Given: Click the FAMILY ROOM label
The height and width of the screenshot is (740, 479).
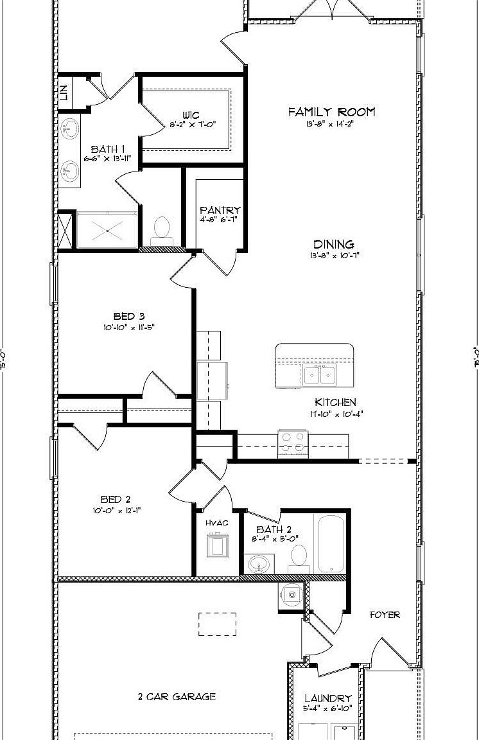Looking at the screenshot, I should [x=331, y=112].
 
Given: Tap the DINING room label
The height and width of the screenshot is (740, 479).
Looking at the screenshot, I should [x=333, y=244].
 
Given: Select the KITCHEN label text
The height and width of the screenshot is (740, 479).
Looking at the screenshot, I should [x=335, y=402].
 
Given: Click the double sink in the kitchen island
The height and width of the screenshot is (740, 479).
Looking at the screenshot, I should [x=320, y=375].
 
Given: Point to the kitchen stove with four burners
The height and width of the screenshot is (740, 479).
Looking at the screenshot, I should [x=293, y=444].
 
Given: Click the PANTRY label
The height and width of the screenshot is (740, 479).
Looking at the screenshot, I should [x=220, y=210].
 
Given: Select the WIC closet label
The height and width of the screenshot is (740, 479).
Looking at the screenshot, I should [x=190, y=116].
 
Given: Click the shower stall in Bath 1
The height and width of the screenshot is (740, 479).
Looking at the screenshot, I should [x=107, y=229].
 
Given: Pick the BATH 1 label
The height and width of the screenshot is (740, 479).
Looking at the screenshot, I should [x=107, y=149].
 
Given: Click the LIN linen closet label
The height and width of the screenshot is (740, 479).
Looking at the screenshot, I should [x=64, y=92].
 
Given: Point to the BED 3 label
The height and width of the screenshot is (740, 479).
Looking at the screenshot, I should [x=128, y=316].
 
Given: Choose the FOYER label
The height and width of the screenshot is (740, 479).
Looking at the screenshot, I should [x=385, y=615].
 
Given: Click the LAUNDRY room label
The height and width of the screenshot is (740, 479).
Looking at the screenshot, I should [x=327, y=698].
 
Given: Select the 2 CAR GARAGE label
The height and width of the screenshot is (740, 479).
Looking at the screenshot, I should [x=177, y=696].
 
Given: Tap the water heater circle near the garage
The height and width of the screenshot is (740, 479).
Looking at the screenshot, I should [x=292, y=595].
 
